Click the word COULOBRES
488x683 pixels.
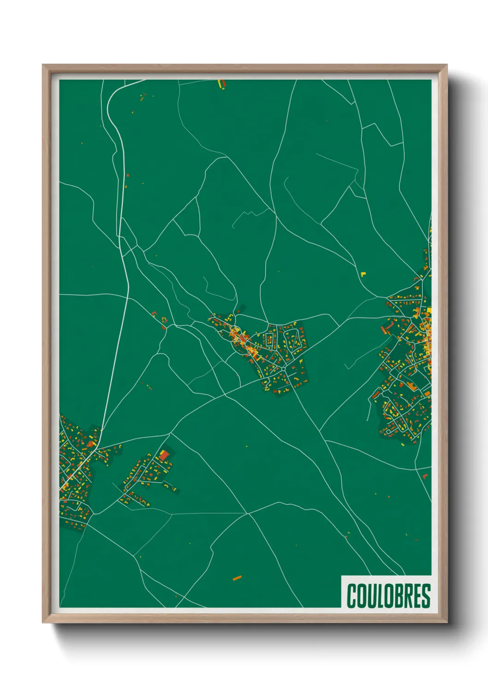point(388,596)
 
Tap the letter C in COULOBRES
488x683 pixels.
point(351,596)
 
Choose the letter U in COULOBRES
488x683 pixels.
point(370,596)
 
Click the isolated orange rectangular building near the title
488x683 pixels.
point(237,578)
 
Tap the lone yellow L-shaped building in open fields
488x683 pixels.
point(363,274)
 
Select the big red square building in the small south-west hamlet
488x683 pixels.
point(164,455)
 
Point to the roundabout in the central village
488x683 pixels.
point(282,369)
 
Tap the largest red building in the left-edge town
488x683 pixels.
point(90,444)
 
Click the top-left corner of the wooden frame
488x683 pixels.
point(43,66)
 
